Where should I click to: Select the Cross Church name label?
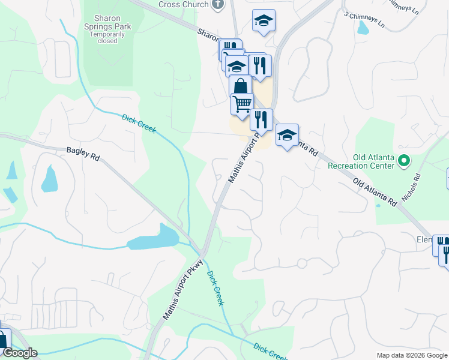tap(184, 5)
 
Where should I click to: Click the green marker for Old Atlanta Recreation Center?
tap(404, 161)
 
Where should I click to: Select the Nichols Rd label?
tap(413, 187)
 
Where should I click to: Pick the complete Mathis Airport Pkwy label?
tap(184, 289)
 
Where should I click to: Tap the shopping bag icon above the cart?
tap(240, 86)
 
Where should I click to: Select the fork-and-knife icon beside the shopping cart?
tap(261, 119)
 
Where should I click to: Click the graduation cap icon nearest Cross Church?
tap(264, 20)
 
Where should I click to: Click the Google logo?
tap(20, 353)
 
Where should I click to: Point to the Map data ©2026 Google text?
tap(412, 355)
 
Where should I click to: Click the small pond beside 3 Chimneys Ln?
tap(363, 28)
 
